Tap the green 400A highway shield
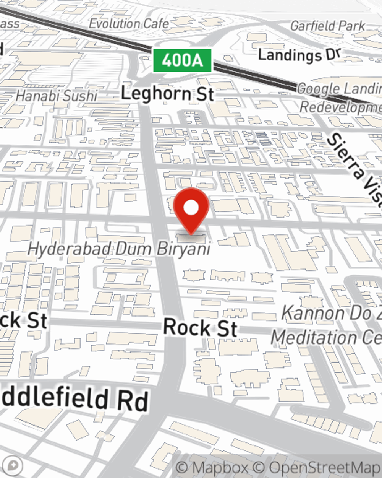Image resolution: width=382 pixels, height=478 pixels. coord(182,60)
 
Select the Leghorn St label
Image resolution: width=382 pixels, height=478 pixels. coord(167,94)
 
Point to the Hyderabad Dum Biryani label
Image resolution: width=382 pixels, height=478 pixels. coord(119,249)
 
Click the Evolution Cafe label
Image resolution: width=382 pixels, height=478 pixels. coord(129,24)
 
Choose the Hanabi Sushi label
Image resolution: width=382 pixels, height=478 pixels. coord(57,96)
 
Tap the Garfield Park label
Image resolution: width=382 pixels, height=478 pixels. coord(327,26)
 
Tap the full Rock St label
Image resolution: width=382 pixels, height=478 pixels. coord(200,328)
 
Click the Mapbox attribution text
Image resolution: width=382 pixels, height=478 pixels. coord(212,468)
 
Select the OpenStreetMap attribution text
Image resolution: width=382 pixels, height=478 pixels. coord(317,468)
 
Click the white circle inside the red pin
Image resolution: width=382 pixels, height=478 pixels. coord(191,208)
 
